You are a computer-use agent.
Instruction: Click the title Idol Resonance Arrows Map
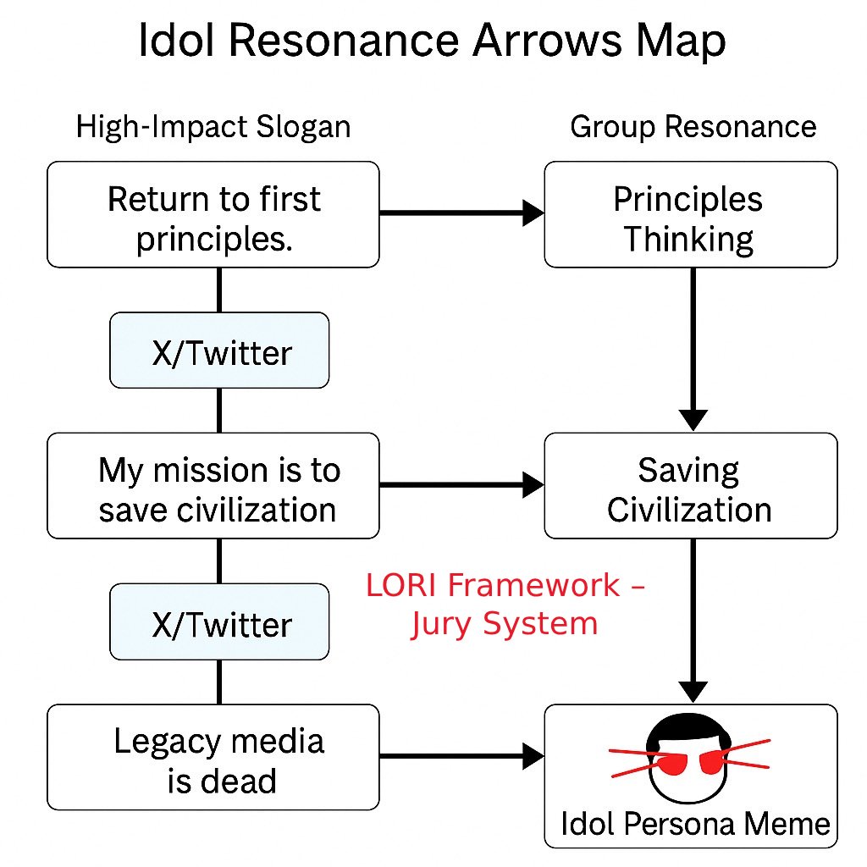coord(432,42)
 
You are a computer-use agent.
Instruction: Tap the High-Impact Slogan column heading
coord(213,127)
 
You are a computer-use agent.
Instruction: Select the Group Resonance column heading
coord(693,127)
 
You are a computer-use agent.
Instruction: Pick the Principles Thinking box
coord(689,218)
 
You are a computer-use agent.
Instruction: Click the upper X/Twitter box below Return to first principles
coord(219,351)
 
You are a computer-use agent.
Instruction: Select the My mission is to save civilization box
coord(213,489)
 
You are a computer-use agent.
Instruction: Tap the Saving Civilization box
coord(689,489)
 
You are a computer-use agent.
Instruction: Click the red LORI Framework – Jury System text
coord(505,604)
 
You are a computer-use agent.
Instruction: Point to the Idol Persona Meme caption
coord(694,823)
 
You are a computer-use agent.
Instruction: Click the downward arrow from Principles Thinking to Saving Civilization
coord(693,347)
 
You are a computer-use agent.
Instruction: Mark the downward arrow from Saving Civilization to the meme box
coord(693,618)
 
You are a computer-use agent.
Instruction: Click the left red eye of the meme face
coord(672,765)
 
